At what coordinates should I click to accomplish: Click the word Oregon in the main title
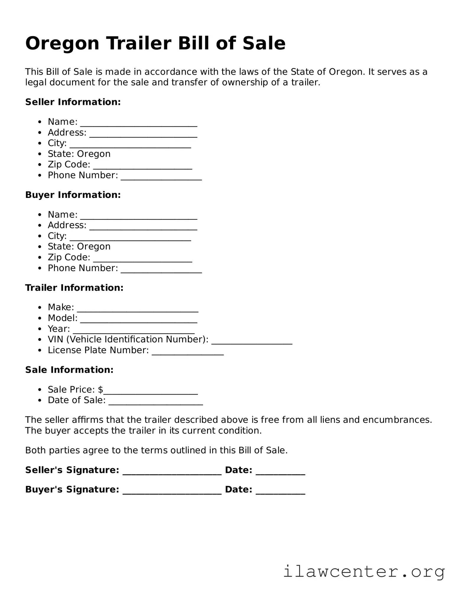point(62,44)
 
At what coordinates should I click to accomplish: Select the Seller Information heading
point(73,102)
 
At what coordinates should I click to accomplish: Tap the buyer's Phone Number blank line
point(161,271)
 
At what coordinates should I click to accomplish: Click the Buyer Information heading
point(73,195)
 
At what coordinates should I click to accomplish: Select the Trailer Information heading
point(74,288)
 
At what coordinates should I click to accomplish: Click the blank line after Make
point(137,310)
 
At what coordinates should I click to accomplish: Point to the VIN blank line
point(252,342)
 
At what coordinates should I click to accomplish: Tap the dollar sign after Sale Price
point(101,390)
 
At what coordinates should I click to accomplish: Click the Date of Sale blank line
point(156,403)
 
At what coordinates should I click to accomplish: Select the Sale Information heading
point(69,370)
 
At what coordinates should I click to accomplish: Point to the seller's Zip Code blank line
point(143,167)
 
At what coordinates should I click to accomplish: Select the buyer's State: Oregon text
point(79,246)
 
